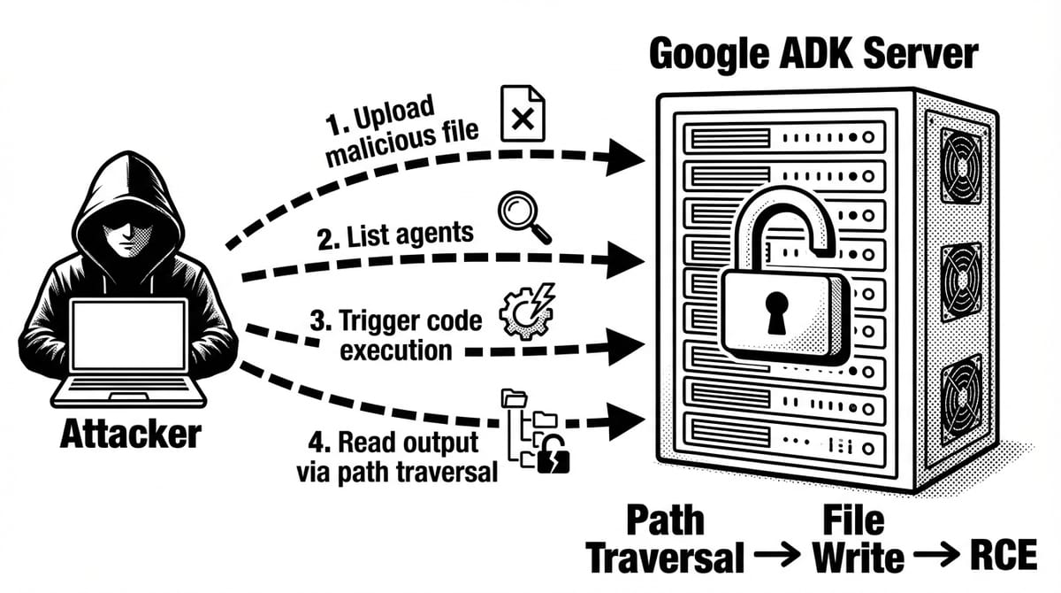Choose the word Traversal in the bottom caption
click(665, 558)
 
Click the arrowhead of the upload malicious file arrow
click(630, 158)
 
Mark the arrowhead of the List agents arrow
click(630, 260)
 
